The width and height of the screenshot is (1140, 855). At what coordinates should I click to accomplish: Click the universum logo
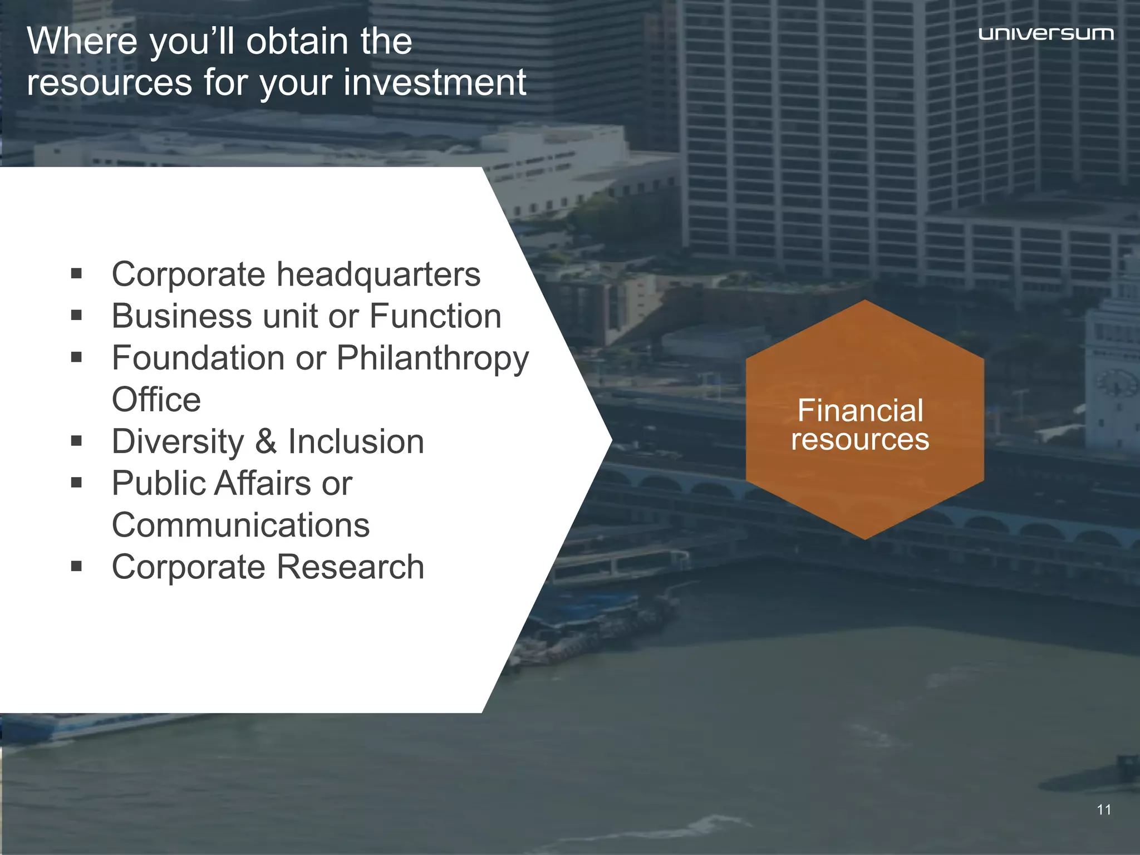pos(1046,34)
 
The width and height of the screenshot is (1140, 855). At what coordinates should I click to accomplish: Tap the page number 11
pos(1104,810)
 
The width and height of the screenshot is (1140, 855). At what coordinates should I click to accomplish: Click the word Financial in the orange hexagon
pos(860,411)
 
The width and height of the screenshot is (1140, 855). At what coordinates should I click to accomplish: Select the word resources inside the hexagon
pos(860,440)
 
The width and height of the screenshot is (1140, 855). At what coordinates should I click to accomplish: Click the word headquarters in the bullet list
pos(379,274)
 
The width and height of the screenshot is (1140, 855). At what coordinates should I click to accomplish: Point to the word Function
pos(435,316)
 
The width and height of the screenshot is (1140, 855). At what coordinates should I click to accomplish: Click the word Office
pos(156,400)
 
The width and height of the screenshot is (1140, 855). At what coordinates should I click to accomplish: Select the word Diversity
pos(178,442)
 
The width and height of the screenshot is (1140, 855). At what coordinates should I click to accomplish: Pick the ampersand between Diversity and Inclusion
pos(266,441)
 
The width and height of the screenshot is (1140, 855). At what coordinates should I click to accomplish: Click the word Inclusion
pos(356,441)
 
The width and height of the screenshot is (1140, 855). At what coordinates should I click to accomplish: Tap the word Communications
pos(240,525)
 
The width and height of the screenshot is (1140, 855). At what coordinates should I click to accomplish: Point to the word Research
pos(350,567)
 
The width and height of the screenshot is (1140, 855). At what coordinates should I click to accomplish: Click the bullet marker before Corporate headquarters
pos(77,274)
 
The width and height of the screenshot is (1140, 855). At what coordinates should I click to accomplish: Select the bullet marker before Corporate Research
pos(77,567)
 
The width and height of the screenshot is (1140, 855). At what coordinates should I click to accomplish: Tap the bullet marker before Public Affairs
pos(77,483)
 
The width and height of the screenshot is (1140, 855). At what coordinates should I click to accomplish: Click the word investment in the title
pos(434,82)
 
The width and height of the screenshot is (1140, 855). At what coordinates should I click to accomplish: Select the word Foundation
pos(198,358)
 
